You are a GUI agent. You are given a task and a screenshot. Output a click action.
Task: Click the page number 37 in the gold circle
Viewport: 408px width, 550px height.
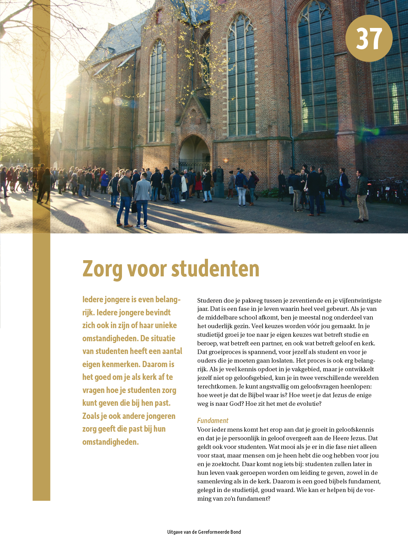369,38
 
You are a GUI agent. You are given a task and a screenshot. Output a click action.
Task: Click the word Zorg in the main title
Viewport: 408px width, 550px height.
102,269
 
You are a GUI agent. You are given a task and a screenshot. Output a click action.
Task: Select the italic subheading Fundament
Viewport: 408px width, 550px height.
212,421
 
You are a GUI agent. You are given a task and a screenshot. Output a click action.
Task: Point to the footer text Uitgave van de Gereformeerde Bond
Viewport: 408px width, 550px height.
204,532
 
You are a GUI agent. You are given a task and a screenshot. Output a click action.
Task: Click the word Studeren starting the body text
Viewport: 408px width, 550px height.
209,301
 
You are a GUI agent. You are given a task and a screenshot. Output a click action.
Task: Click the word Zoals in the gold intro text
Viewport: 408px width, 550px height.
91,416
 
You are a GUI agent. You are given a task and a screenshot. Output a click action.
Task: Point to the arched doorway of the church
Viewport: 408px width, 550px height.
194,152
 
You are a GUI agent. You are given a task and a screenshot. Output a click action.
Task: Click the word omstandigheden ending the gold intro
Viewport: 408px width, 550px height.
110,442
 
